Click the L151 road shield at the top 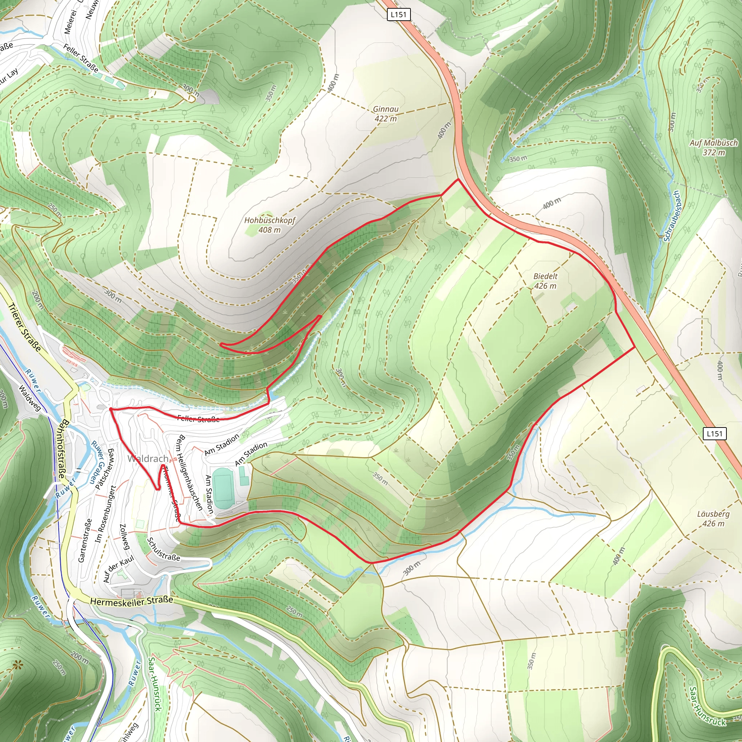(x=398, y=14)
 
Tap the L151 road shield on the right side (x=714, y=434)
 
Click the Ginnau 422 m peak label (x=385, y=114)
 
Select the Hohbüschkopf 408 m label (x=270, y=225)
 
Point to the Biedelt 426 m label (x=545, y=281)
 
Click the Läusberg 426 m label (x=713, y=518)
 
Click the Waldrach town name (x=148, y=459)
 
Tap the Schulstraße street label (x=164, y=550)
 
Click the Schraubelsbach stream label (x=672, y=216)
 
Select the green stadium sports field (x=224, y=488)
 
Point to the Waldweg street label (x=29, y=398)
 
